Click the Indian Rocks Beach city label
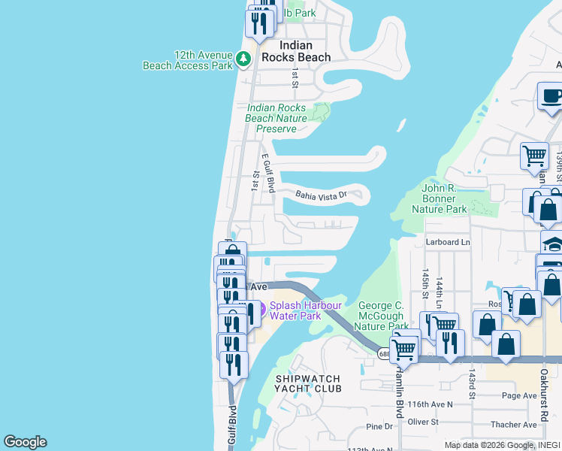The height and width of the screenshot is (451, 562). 295,51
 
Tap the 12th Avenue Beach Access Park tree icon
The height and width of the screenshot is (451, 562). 243,58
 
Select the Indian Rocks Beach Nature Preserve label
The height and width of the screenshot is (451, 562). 276,118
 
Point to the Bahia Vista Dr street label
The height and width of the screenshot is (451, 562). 321,195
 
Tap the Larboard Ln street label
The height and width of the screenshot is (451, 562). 447,242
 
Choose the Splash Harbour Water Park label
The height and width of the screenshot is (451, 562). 306,310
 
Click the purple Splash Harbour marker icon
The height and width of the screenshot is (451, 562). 261,308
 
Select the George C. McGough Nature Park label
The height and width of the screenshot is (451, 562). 382,316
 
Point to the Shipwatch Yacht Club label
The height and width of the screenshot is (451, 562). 308,383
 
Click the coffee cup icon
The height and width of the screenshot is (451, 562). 551,97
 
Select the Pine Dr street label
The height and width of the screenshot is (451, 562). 379,427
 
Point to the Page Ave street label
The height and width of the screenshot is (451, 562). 519,395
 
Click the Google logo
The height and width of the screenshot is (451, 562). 25,442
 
